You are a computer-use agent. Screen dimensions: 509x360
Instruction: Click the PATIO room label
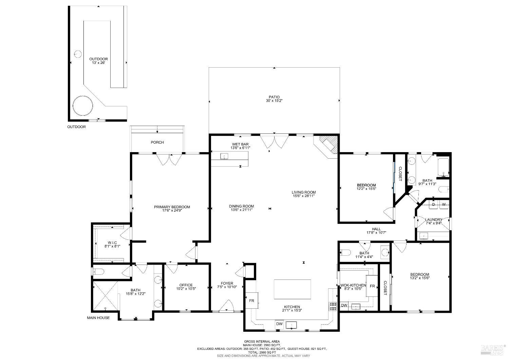(274, 97)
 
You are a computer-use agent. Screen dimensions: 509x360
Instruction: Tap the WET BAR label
(240, 144)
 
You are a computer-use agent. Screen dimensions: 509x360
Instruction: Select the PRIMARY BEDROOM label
(172, 207)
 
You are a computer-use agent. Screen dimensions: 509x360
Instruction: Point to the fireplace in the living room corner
(329, 145)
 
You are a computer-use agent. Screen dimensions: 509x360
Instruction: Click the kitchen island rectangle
(292, 289)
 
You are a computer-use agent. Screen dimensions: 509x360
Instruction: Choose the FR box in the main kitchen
(251, 301)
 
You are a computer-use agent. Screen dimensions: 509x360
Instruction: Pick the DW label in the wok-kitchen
(344, 305)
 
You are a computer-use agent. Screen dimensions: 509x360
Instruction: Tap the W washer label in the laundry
(444, 204)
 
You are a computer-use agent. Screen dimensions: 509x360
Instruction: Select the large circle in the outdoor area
(83, 106)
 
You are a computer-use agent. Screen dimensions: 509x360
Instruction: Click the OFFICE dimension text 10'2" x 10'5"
(186, 289)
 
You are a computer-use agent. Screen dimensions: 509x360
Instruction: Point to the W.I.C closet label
(112, 242)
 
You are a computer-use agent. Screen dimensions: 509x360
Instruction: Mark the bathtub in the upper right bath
(443, 167)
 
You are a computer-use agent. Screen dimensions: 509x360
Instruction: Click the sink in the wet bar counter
(224, 156)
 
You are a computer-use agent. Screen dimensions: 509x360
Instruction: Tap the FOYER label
(227, 283)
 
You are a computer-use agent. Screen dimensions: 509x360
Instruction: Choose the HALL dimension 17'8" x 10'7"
(376, 232)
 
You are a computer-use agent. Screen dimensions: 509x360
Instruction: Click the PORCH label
(157, 142)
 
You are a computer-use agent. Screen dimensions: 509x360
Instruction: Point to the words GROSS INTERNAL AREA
(262, 341)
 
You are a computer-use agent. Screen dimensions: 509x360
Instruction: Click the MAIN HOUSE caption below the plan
(98, 318)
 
